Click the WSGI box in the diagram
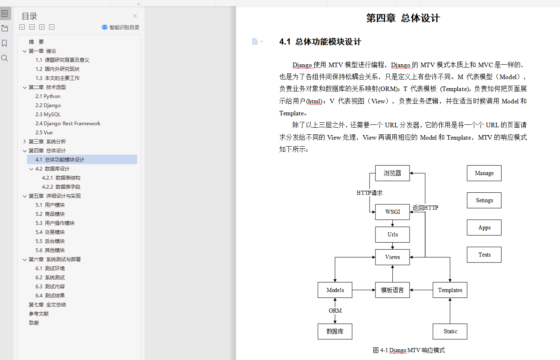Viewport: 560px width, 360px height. tap(392, 212)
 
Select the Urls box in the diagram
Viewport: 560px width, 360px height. tap(392, 234)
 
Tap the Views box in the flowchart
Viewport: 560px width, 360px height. tap(392, 257)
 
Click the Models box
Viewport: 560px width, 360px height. tap(335, 290)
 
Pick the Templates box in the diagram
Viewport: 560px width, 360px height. tap(450, 290)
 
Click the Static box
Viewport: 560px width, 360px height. tap(450, 331)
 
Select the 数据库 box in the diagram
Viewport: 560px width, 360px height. tap(335, 331)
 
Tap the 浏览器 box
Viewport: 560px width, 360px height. tap(392, 173)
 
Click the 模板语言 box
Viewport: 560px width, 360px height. tap(392, 290)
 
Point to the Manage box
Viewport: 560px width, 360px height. tap(484, 173)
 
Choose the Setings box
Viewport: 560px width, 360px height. tap(484, 200)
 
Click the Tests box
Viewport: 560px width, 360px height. tap(484, 255)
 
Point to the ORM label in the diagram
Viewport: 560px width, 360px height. tap(335, 311)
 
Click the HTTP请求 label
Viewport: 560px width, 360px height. tap(370, 192)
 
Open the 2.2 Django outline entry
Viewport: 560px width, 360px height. tap(48, 105)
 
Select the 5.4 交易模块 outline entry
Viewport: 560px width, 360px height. tap(50, 232)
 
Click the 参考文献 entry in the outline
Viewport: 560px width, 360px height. tap(39, 314)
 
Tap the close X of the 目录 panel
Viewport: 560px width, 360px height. tap(135, 16)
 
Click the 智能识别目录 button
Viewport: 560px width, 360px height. tap(121, 28)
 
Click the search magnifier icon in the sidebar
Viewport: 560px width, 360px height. tap(5, 58)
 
